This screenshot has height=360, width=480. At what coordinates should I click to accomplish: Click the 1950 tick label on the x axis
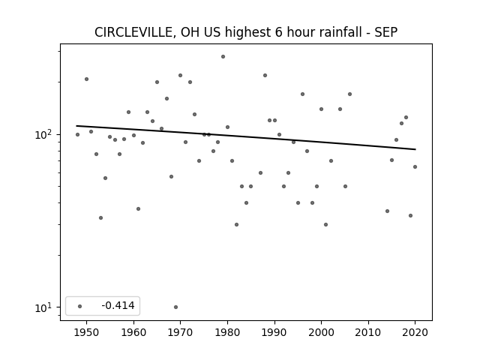87,332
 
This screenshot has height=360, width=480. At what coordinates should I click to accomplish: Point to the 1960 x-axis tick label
133,332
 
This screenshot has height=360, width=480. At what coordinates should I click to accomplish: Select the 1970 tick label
180,332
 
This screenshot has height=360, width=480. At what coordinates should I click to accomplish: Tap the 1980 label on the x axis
227,332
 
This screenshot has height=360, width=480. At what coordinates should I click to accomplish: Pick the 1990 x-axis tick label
274,332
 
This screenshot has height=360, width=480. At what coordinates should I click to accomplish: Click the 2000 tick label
322,332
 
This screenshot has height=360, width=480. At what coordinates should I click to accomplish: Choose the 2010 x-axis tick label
368,332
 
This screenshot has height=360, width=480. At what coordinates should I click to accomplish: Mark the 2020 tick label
415,332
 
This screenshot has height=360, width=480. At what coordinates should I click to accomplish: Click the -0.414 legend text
118,305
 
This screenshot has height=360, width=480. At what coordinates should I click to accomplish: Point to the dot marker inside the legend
80,306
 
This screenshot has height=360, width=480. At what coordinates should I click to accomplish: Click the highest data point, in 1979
223,57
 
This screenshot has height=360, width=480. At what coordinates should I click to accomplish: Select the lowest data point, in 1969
175,307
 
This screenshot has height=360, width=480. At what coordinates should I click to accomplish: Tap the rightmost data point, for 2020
415,166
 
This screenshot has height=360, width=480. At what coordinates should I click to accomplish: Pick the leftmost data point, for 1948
77,135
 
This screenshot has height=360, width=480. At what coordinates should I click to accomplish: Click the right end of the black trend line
415,149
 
